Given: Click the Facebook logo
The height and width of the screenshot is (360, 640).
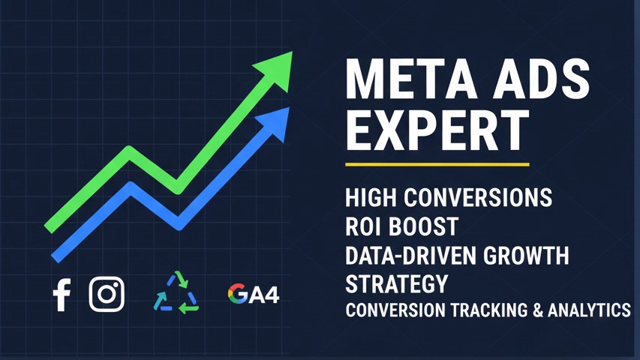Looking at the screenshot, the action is click(x=62, y=295).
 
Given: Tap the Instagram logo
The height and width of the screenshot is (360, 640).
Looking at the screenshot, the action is click(x=107, y=294).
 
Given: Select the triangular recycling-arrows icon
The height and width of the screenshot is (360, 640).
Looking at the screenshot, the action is click(x=176, y=292).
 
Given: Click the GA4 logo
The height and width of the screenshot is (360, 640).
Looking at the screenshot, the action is click(x=254, y=294).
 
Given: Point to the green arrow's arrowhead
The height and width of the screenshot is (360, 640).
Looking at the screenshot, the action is click(x=277, y=70).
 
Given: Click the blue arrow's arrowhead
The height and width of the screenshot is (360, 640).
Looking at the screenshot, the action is click(x=275, y=123).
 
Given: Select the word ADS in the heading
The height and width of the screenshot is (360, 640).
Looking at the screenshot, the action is click(x=541, y=79).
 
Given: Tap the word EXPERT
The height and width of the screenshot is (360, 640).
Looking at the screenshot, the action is click(x=437, y=130).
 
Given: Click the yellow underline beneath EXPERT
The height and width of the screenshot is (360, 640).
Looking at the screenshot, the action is click(x=437, y=164).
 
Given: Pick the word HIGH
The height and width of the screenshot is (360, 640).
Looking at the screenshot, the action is click(x=371, y=197).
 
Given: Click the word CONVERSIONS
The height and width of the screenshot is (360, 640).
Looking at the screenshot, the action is click(x=478, y=197).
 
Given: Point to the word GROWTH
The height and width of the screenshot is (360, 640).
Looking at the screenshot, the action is click(x=526, y=256).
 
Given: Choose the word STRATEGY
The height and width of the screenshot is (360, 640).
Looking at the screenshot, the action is click(x=397, y=284).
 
